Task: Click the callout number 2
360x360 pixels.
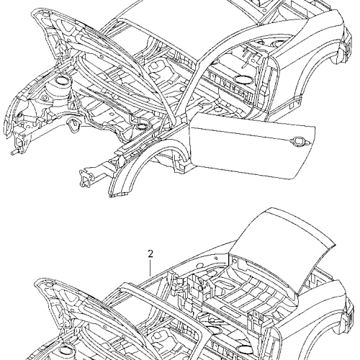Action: [150, 254]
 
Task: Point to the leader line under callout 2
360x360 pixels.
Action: [150, 268]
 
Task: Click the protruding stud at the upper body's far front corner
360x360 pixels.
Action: [14, 153]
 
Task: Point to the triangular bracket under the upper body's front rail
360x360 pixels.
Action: [75, 125]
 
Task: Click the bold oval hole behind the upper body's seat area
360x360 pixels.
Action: [243, 79]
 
